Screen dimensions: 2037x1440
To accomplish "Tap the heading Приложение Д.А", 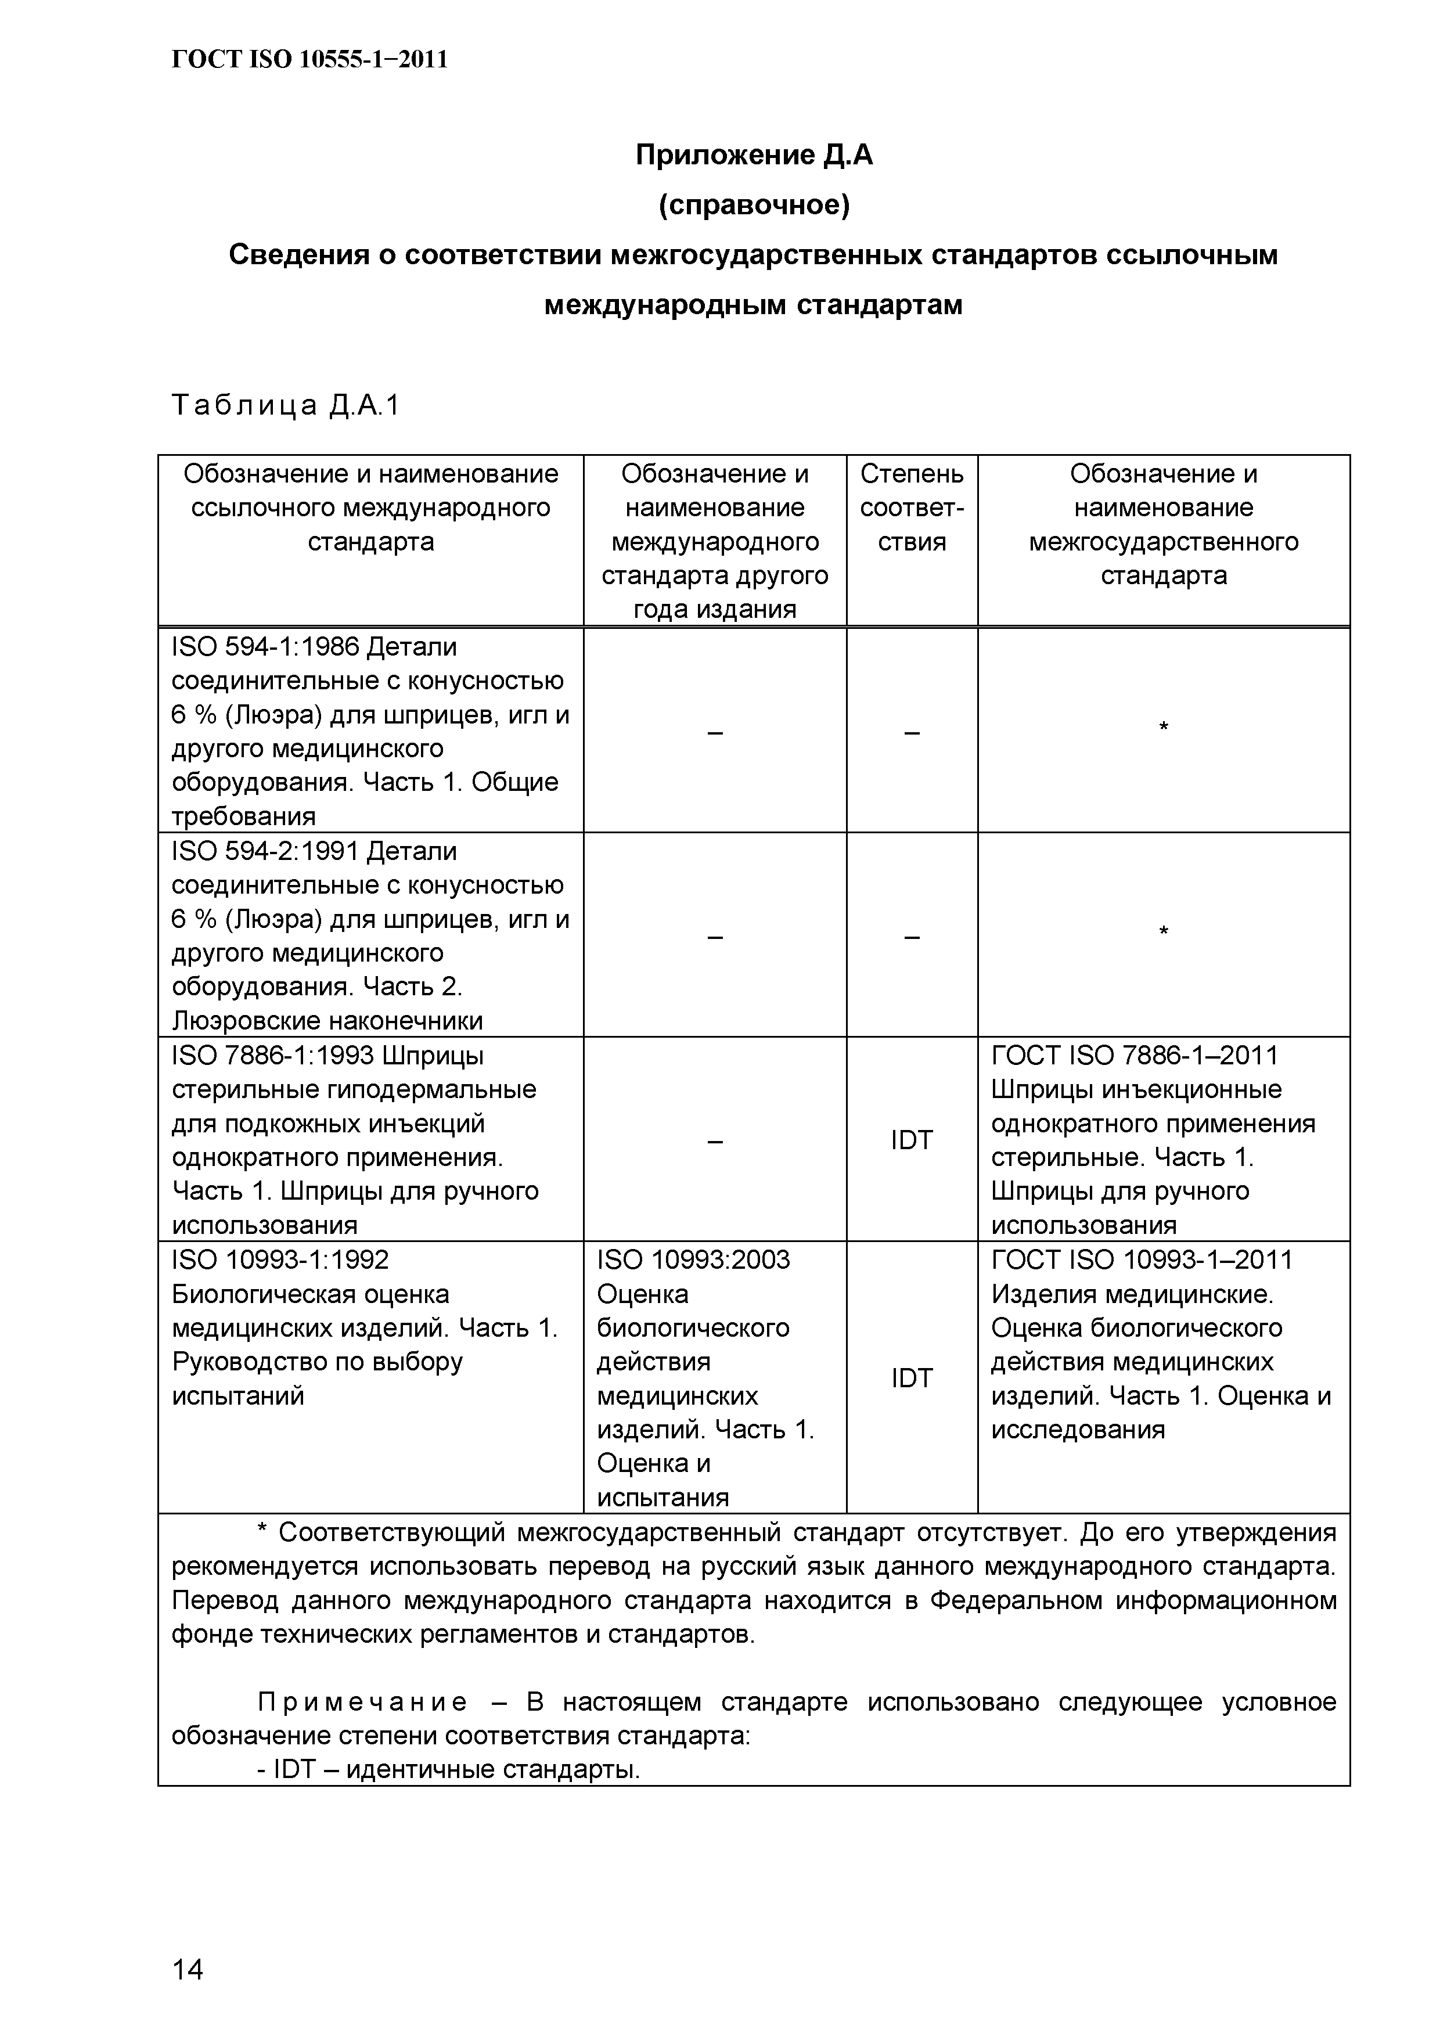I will (x=754, y=155).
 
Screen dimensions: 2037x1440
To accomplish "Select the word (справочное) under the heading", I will (x=754, y=205).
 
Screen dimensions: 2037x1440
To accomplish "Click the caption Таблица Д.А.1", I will (x=286, y=405).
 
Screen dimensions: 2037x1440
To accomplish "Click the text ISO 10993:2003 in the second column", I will (x=693, y=1260).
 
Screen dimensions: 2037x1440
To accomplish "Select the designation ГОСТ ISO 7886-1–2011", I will (x=1135, y=1056).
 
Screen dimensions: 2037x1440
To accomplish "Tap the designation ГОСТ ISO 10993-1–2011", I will (x=1142, y=1260).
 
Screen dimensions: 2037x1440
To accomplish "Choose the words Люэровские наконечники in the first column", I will (x=327, y=1021).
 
